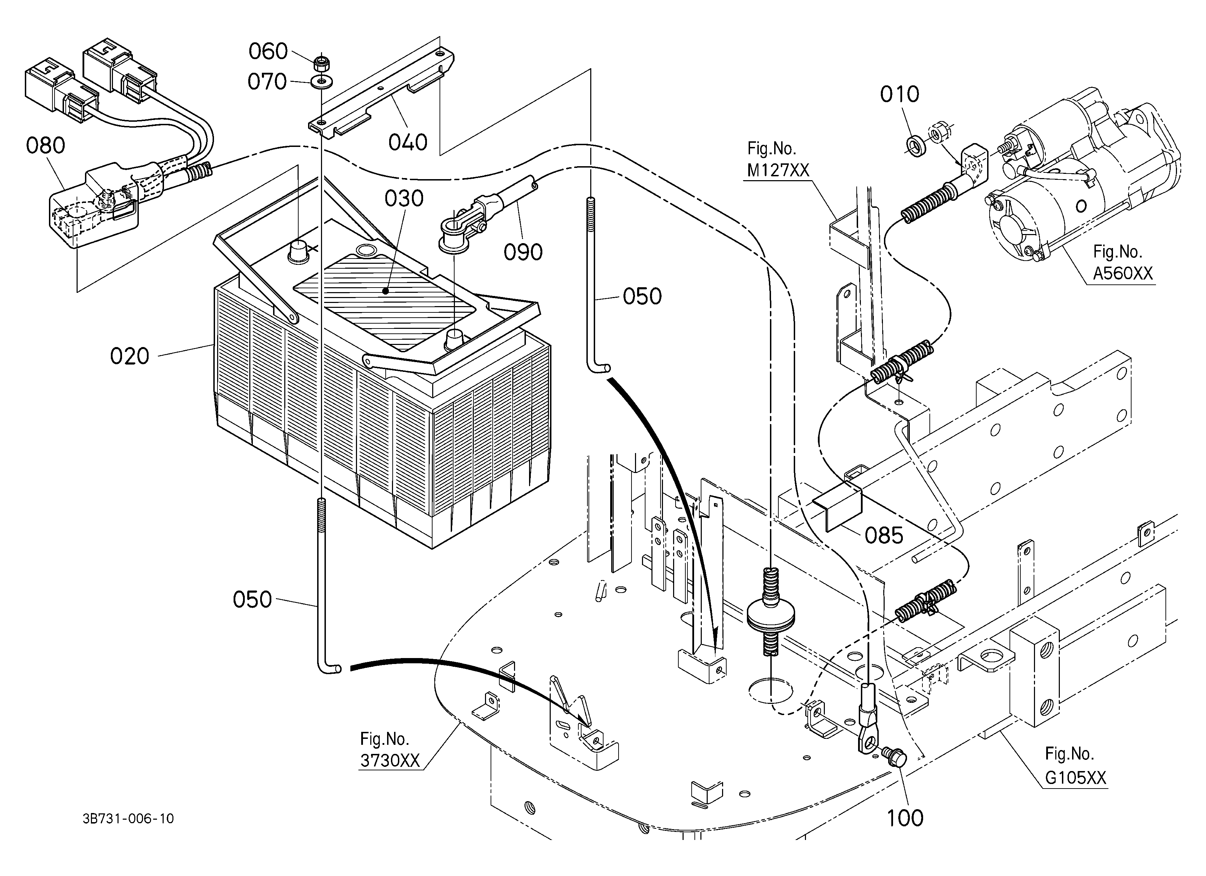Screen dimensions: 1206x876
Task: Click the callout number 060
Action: tap(268, 51)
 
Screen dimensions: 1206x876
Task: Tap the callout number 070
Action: tap(267, 82)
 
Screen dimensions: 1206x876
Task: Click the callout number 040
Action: tap(408, 142)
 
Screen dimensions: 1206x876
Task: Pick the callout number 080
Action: tap(46, 145)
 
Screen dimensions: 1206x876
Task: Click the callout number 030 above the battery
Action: tap(404, 198)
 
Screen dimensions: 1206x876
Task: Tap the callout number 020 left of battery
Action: tap(130, 356)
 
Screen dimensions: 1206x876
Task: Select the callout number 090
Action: tap(523, 252)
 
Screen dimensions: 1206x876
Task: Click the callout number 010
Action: tap(899, 95)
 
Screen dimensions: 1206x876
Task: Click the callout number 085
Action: tap(884, 536)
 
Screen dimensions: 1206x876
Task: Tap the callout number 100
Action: tap(905, 818)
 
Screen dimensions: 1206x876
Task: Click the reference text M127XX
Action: tap(778, 170)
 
